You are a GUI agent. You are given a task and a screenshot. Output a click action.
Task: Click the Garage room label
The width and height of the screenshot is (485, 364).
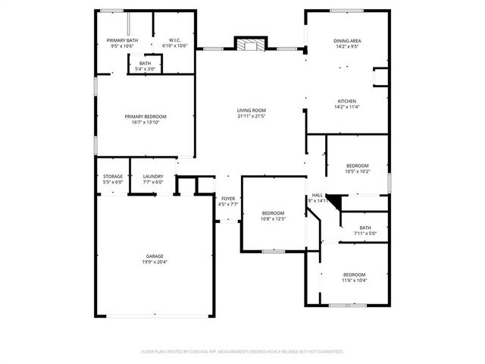pyautogui.click(x=155, y=256)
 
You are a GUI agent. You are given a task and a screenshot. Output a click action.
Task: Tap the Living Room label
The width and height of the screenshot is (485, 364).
pyautogui.click(x=251, y=110)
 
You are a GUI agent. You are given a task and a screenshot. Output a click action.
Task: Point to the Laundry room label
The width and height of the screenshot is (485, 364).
pyautogui.click(x=152, y=177)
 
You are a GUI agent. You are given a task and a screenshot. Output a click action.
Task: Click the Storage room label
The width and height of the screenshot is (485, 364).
pyautogui.click(x=113, y=177)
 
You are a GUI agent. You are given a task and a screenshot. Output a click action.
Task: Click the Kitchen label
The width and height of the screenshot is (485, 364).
pyautogui.click(x=347, y=101)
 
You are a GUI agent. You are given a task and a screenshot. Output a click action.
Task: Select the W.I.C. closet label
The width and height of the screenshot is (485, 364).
pyautogui.click(x=174, y=40)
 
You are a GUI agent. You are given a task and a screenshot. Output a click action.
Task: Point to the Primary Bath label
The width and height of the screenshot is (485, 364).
pyautogui.click(x=122, y=40)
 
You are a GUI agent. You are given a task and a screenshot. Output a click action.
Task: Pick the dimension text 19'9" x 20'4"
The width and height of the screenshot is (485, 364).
pyautogui.click(x=155, y=262)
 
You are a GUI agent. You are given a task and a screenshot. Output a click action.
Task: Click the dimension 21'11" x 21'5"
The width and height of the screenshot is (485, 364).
pyautogui.click(x=251, y=116)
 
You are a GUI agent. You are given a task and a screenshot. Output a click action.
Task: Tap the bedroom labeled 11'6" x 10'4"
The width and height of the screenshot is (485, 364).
pyautogui.click(x=354, y=277)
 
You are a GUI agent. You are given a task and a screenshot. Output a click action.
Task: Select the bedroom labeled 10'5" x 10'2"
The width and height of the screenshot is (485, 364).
pyautogui.click(x=357, y=168)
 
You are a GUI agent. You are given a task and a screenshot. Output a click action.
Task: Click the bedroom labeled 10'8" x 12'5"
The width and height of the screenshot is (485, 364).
pyautogui.click(x=273, y=215)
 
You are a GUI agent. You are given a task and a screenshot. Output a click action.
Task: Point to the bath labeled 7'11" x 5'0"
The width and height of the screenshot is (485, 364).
pyautogui.click(x=365, y=231)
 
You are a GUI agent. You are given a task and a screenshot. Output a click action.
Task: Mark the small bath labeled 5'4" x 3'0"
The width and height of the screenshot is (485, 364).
pyautogui.click(x=145, y=66)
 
